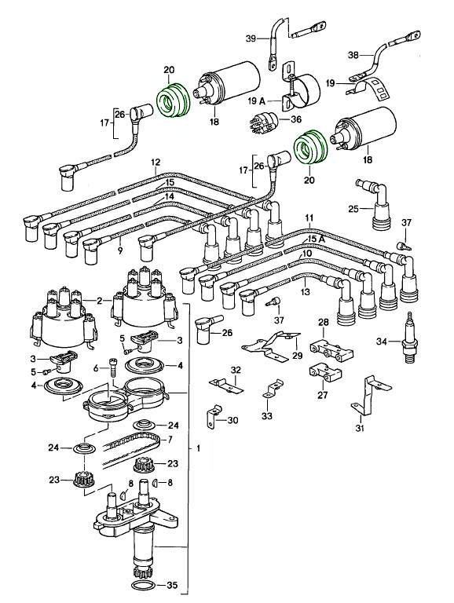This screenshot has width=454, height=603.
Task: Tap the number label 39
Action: point(251,38)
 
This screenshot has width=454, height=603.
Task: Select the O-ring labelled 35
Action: point(144,586)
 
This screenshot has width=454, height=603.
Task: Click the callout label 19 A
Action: point(257,101)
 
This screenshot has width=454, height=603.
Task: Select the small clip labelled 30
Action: point(213,416)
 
